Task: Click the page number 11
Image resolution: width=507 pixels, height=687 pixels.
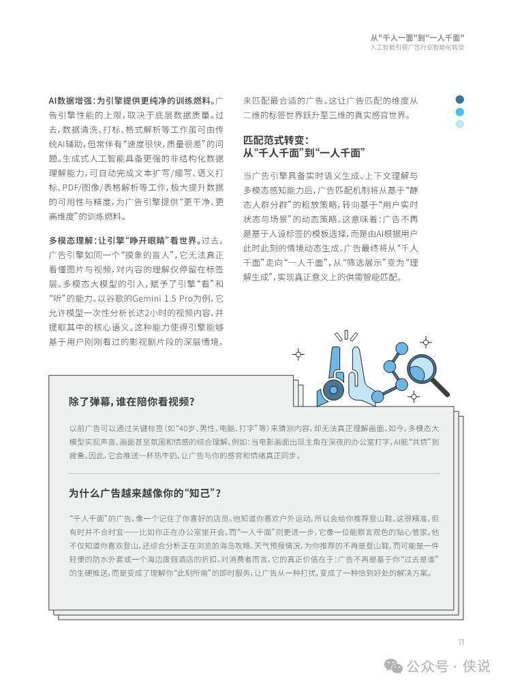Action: tap(461, 641)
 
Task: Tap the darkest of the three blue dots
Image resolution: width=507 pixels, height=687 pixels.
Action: tap(460, 99)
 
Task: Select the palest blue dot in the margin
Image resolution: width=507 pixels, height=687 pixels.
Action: tap(460, 124)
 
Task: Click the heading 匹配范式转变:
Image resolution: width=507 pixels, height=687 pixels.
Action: tap(275, 140)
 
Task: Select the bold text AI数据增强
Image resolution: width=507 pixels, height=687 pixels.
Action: tap(71, 100)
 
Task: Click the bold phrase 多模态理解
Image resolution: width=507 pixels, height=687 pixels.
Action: tap(70, 240)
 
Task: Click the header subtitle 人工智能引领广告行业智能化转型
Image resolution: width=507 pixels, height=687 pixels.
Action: tap(417, 49)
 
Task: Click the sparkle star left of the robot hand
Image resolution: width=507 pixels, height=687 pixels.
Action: tap(298, 354)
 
